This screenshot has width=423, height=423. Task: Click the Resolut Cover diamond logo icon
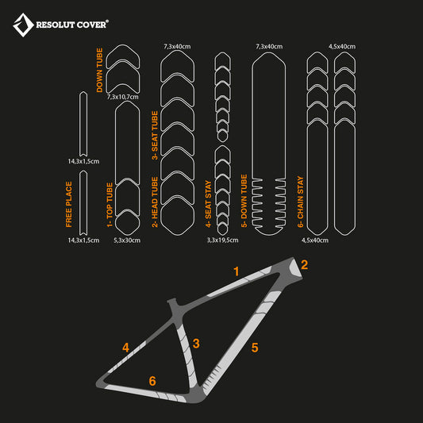[23, 25]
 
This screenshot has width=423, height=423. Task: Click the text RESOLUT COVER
[72, 25]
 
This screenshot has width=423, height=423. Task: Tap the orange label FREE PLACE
[69, 204]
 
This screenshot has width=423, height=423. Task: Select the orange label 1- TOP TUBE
[110, 205]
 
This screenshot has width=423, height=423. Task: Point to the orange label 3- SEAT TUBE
[155, 135]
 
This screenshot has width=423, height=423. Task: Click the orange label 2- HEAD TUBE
[155, 202]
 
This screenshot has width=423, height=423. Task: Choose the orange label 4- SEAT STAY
[208, 204]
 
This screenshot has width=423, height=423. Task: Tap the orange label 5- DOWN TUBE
[244, 201]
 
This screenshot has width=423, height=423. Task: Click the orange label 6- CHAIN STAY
[300, 202]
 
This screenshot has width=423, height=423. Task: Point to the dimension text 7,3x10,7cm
[123, 97]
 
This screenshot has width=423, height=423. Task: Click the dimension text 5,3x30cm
[127, 240]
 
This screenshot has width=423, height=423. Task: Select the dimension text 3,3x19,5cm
[222, 240]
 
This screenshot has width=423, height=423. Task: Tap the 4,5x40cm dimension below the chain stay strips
[315, 240]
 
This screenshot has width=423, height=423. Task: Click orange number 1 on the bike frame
[236, 271]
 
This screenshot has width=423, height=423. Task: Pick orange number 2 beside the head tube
[304, 264]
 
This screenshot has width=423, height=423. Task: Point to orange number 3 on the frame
[196, 344]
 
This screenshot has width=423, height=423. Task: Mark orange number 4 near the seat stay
[125, 348]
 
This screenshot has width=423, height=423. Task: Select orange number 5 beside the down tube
[255, 348]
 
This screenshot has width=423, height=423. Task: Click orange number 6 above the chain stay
[152, 381]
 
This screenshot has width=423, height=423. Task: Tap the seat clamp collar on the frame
[172, 302]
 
